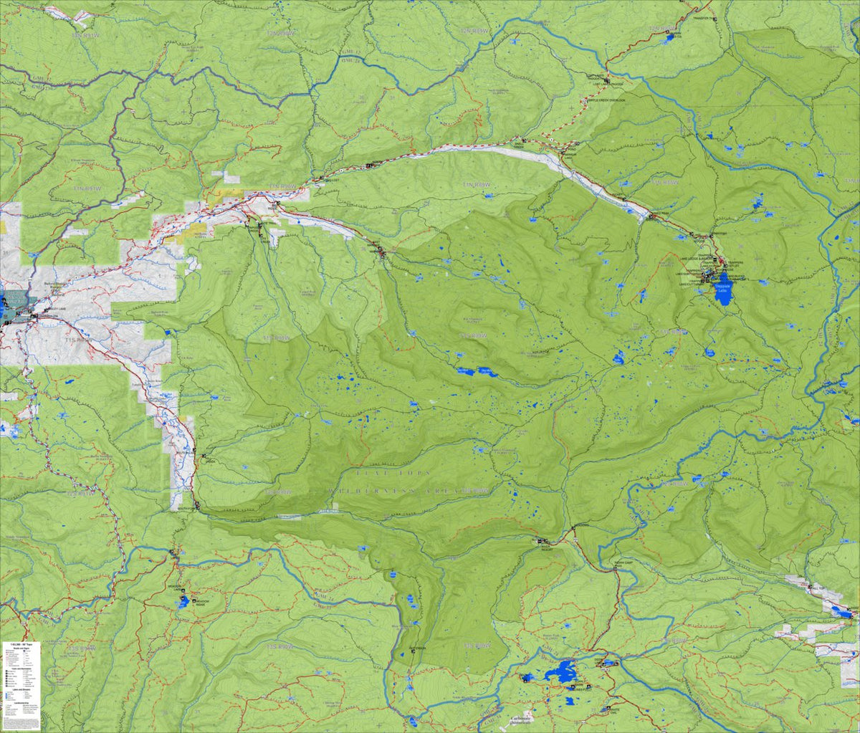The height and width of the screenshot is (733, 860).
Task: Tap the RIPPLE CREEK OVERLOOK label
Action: coord(608,100)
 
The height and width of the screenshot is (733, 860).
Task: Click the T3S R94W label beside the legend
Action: coord(79,648)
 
